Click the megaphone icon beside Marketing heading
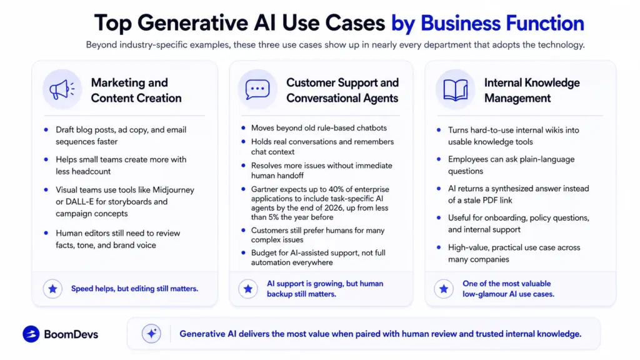click(62, 89)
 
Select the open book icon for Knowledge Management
click(456, 90)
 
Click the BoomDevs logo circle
click(31, 334)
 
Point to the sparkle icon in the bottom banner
click(151, 334)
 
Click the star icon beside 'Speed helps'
click(52, 289)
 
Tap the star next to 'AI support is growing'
click(247, 289)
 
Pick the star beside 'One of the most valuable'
click(444, 289)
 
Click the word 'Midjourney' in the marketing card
click(174, 190)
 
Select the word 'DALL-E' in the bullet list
click(79, 202)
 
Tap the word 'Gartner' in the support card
click(264, 189)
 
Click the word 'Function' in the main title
click(545, 23)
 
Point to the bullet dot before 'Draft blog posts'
click(46, 130)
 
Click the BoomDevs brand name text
click(71, 334)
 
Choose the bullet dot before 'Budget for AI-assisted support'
click(243, 252)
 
